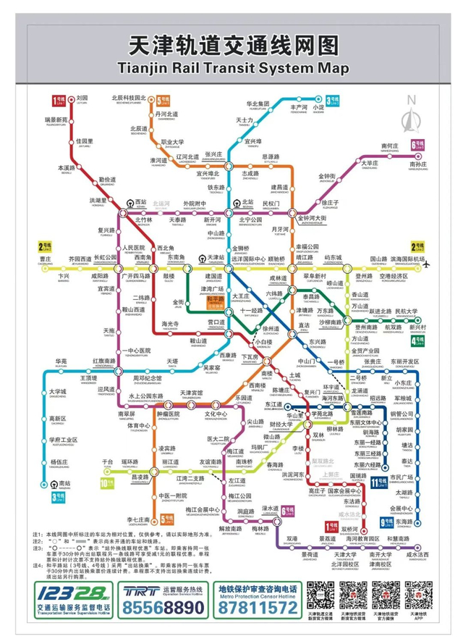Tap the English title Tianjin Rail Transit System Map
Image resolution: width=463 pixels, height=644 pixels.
pos(231,67)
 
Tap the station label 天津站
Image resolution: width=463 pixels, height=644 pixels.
pos(215,258)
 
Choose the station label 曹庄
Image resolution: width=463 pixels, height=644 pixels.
pos(45,259)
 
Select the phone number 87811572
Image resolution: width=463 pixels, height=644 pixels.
pos(257,609)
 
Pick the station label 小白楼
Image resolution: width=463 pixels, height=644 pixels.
pos(261,340)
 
